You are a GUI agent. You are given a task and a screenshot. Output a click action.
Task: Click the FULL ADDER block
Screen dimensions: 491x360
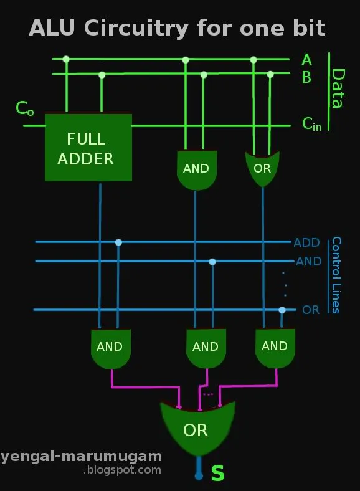pos(88,148)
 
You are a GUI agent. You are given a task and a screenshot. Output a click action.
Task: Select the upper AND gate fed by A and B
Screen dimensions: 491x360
pos(196,169)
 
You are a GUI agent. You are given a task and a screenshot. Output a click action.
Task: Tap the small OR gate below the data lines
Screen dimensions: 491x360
pos(262,168)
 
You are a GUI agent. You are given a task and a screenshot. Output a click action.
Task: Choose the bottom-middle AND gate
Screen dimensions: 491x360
pos(205,348)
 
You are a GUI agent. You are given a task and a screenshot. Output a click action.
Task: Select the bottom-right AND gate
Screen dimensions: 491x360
pos(275,347)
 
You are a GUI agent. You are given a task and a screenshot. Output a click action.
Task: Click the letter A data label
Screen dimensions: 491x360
pos(306,60)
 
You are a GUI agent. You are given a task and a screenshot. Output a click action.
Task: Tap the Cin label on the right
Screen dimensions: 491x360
pos(312,124)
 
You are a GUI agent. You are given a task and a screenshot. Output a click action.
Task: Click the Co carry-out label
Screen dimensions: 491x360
pos(24,109)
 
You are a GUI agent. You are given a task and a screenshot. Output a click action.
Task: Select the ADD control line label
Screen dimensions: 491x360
pos(307,242)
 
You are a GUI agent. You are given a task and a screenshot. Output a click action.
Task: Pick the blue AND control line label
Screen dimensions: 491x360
pos(308,261)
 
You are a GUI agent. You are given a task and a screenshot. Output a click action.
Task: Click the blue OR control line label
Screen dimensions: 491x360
pos(310,310)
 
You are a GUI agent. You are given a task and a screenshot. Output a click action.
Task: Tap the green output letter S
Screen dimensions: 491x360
pos(217,474)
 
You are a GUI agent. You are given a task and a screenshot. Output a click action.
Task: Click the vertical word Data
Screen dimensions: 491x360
pos(337,89)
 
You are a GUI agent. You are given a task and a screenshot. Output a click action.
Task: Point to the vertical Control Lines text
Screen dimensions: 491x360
pos(336,275)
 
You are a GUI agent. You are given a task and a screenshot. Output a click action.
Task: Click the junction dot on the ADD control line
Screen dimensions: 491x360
pos(118,242)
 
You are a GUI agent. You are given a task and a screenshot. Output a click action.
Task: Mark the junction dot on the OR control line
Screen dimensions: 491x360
pos(282,310)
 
